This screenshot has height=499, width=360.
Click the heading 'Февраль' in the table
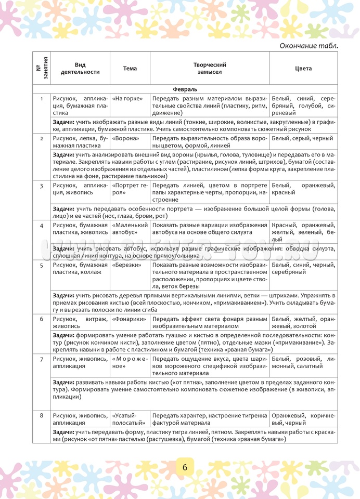click(x=185, y=89)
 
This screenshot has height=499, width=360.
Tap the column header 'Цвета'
click(x=303, y=68)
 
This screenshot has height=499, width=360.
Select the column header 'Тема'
click(x=130, y=68)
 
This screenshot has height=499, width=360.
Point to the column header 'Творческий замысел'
click(x=210, y=68)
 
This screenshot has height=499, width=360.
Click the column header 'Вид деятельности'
click(x=80, y=68)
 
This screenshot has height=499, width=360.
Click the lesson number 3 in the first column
click(x=42, y=186)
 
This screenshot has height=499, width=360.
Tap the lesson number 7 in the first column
click(x=42, y=359)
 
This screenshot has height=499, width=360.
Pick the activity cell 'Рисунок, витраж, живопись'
click(x=80, y=322)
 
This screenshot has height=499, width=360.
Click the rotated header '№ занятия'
click(x=42, y=68)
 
